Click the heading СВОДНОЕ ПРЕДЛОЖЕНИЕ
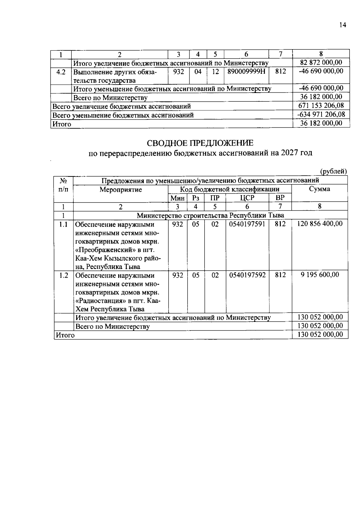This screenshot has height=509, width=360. click(x=200, y=143)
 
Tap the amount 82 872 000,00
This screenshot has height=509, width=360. click(x=321, y=62)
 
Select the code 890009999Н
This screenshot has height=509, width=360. click(x=246, y=72)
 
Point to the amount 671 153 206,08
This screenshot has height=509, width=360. click(x=321, y=106)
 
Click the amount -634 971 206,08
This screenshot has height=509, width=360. click(x=321, y=114)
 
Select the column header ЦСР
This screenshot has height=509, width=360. click(x=247, y=198)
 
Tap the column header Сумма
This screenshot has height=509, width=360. click(x=319, y=189)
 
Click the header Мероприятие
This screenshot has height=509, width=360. click(x=121, y=190)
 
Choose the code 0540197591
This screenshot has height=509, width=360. click(x=247, y=224)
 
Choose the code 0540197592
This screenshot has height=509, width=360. click(x=247, y=275)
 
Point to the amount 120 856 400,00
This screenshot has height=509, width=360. click(x=320, y=224)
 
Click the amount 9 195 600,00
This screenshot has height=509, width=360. click(x=320, y=275)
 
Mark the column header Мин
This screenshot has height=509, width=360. click(x=177, y=198)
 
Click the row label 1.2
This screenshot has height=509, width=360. click(x=64, y=275)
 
